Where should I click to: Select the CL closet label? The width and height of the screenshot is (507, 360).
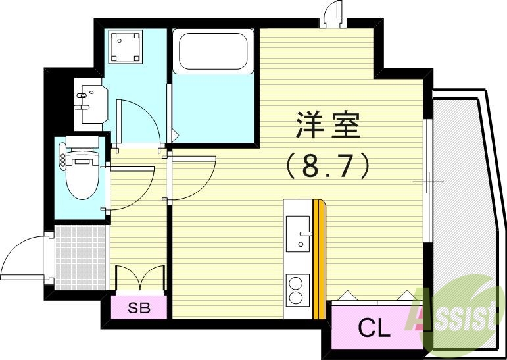374,327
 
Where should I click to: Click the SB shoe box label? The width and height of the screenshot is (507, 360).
138,308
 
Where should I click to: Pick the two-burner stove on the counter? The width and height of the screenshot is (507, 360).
298,290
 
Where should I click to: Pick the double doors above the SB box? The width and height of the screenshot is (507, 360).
139,276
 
